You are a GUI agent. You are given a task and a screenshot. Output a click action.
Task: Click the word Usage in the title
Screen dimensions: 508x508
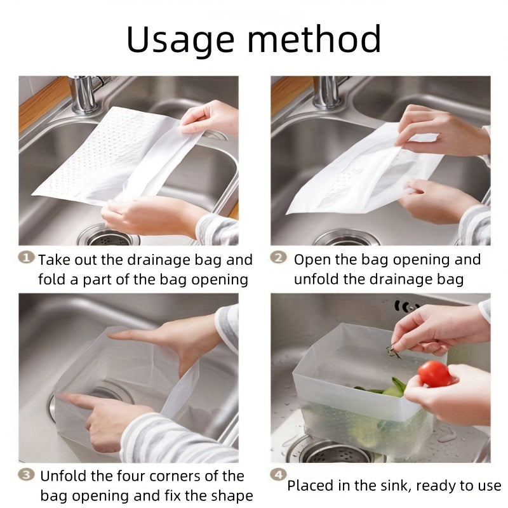(180, 39)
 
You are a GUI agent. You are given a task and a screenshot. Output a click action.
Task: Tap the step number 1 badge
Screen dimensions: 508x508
(26, 258)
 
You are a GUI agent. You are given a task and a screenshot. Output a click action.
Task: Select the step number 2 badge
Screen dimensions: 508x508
(278, 257)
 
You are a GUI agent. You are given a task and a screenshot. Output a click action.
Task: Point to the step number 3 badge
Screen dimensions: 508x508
(26, 474)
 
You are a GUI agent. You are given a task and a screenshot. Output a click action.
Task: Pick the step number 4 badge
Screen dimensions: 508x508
(278, 474)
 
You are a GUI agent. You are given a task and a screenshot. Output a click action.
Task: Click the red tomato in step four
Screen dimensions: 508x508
(434, 374)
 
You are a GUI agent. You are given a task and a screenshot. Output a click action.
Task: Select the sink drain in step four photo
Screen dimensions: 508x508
(334, 451)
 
